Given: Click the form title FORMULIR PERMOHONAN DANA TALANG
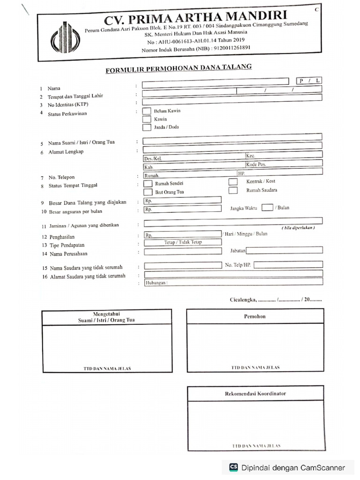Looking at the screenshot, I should (179, 69).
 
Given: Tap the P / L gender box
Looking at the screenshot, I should (309, 81).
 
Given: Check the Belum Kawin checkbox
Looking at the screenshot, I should (147, 111).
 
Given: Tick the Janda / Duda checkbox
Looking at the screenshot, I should (147, 127).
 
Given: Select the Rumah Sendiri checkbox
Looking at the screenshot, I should (148, 183).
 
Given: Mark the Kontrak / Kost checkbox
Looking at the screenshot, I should (233, 181).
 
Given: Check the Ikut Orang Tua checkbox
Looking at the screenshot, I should (148, 192).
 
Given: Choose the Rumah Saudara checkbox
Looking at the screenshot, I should (233, 190).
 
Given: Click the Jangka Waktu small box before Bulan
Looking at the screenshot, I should (267, 208).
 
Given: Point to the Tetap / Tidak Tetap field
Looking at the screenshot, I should (183, 242).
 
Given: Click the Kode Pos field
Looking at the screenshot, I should (284, 164).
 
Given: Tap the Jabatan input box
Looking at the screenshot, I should (285, 250).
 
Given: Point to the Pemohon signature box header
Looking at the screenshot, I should (255, 316).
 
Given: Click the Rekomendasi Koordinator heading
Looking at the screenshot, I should (255, 393).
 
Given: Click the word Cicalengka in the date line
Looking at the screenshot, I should (243, 299).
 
